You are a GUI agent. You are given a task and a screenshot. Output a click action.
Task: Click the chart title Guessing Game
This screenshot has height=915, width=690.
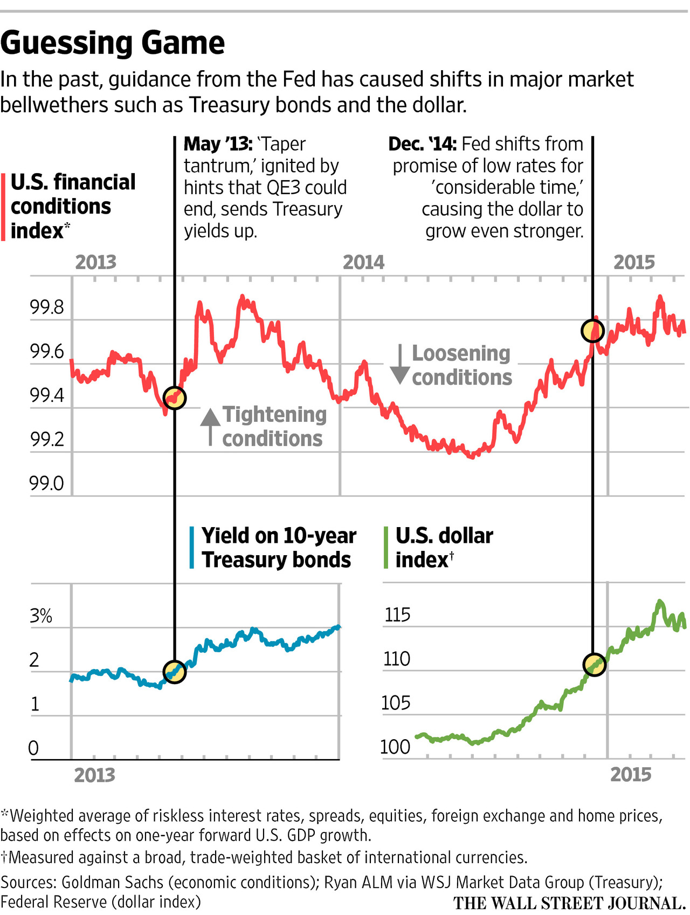tap(113, 43)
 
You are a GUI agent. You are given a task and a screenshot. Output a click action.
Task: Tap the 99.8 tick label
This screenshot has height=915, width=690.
tap(47, 308)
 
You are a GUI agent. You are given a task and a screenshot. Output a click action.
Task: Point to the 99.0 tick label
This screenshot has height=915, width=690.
tap(47, 483)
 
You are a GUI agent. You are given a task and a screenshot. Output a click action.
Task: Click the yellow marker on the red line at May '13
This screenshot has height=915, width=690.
tap(175, 398)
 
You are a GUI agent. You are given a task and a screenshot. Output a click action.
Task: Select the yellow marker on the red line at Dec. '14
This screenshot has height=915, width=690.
tap(592, 331)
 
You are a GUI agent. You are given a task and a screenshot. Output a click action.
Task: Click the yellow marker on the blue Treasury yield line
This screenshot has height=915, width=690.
tap(175, 672)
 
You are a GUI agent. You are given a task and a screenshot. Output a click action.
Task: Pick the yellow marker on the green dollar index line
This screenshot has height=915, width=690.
tap(595, 664)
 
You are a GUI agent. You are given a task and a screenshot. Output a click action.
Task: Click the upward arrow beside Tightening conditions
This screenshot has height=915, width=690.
tap(210, 426)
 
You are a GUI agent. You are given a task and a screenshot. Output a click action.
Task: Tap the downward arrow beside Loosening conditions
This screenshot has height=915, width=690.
tap(400, 365)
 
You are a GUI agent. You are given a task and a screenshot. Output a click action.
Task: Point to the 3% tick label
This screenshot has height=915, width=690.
tap(41, 616)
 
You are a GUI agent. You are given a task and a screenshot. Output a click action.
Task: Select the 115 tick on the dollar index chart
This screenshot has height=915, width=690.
tap(397, 615)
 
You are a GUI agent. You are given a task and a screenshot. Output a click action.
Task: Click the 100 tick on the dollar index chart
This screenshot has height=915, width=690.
tap(395, 747)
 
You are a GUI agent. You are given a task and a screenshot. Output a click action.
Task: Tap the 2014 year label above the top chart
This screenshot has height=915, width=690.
tap(364, 263)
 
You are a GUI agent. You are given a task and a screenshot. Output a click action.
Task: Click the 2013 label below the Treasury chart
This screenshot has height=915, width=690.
tap(95, 775)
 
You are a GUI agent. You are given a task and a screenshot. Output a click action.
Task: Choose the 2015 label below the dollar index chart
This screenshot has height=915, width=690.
tap(631, 775)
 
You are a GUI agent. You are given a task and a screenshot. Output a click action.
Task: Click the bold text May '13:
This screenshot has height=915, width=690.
tap(218, 144)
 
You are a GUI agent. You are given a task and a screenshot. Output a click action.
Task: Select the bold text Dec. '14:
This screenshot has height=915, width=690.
tap(423, 144)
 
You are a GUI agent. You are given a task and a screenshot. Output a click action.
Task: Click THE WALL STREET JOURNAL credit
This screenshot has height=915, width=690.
tap(569, 903)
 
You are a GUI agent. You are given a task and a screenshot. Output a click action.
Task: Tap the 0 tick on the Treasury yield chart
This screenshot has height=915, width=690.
tap(33, 748)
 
